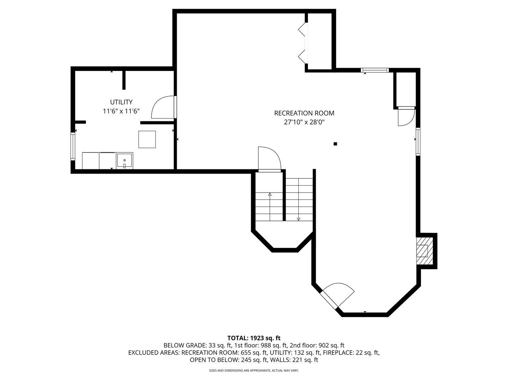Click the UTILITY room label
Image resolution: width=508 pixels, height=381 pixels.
[121, 102]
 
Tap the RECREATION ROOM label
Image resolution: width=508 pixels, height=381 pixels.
[304, 113]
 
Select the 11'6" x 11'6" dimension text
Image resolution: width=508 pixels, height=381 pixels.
[121, 111]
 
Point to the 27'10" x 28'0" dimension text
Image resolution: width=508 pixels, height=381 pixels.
[304, 122]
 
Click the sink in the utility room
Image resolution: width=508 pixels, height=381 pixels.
[125, 161]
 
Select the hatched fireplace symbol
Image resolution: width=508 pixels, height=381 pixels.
[424, 251]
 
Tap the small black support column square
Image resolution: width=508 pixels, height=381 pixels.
[335, 144]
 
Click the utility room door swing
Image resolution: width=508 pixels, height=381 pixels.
[163, 107]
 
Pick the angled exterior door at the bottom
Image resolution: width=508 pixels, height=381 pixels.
[337, 296]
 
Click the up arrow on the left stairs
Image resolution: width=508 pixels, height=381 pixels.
[270, 207]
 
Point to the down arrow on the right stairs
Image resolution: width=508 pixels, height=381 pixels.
[298, 199]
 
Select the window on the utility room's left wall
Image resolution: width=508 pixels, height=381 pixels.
[73, 146]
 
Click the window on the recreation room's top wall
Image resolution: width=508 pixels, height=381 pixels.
[375, 70]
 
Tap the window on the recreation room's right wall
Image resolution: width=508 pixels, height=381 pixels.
[418, 141]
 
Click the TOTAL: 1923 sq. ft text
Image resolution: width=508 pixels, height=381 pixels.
[254, 338]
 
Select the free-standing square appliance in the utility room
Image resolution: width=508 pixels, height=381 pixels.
[147, 139]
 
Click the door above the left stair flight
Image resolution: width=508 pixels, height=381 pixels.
[270, 159]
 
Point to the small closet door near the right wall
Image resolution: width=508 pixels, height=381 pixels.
[406, 116]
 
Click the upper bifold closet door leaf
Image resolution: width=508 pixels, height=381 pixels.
[302, 29]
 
